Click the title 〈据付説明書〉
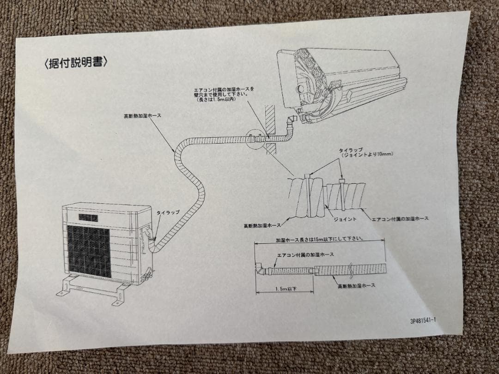(x=76, y=63)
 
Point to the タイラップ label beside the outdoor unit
(x=167, y=212)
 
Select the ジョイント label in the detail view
(x=345, y=219)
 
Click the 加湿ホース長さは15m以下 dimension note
(x=319, y=240)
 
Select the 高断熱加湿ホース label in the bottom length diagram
(x=356, y=286)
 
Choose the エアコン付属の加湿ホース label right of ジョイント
(x=400, y=219)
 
